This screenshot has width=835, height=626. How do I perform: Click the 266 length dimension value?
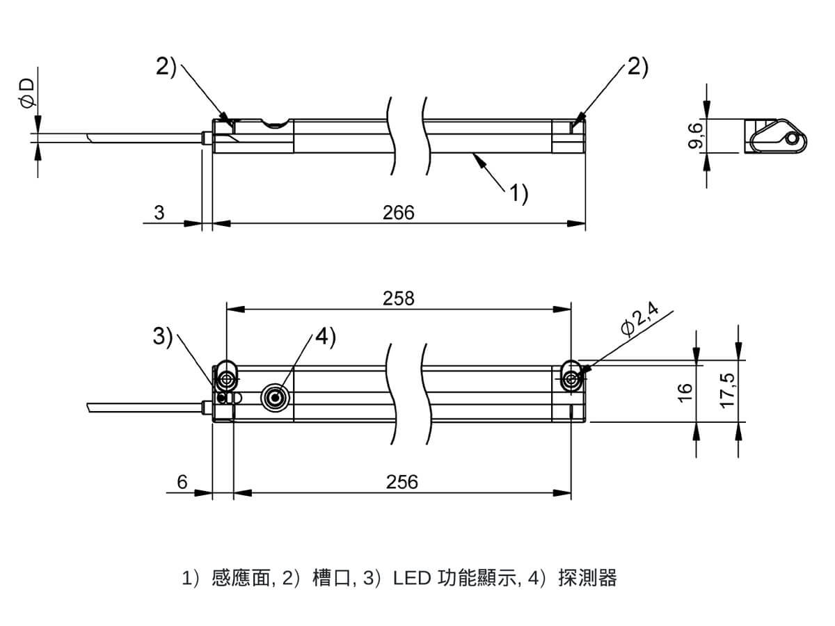pyautogui.click(x=398, y=212)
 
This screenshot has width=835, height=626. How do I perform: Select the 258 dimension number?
pyautogui.click(x=398, y=298)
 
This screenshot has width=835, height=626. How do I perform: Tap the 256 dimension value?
pyautogui.click(x=401, y=481)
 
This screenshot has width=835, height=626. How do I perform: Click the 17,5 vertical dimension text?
pyautogui.click(x=729, y=391)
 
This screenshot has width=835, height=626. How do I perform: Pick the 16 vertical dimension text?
pyautogui.click(x=686, y=391)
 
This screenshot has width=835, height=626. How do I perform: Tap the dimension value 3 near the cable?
pyautogui.click(x=159, y=212)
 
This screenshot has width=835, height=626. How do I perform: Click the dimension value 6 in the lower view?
pyautogui.click(x=182, y=481)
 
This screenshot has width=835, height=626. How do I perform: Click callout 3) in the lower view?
pyautogui.click(x=163, y=337)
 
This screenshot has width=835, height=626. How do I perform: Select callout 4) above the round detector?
pyautogui.click(x=325, y=337)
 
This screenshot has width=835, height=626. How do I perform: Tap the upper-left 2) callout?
pyautogui.click(x=165, y=66)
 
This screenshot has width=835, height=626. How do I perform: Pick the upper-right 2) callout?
pyautogui.click(x=637, y=66)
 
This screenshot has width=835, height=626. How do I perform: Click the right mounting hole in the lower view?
pyautogui.click(x=571, y=378)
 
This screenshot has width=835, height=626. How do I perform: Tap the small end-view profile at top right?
pyautogui.click(x=776, y=136)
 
